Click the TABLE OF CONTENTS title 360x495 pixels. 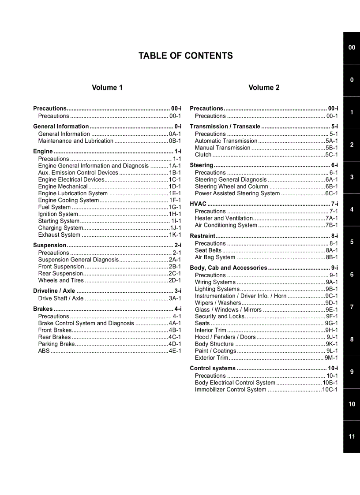point(185,56)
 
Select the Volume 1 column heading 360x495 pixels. point(107,87)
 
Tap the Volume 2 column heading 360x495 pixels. point(264,87)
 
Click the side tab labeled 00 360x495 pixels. point(351,48)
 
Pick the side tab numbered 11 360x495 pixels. point(351,436)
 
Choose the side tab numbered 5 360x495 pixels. point(351,242)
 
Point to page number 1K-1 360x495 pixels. point(175,235)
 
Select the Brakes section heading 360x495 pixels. point(43,309)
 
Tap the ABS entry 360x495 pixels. point(44,351)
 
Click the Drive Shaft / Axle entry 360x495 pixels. point(60,298)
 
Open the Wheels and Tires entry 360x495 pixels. point(60,280)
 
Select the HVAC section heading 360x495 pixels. point(198,204)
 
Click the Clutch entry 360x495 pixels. point(203,155)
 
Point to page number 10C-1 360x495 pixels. point(330,390)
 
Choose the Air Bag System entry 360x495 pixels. point(215,257)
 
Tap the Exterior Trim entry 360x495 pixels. point(211,358)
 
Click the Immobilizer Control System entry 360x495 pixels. point(230,390)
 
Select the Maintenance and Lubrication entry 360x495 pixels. point(75,141)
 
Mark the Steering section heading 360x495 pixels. point(201,165)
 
